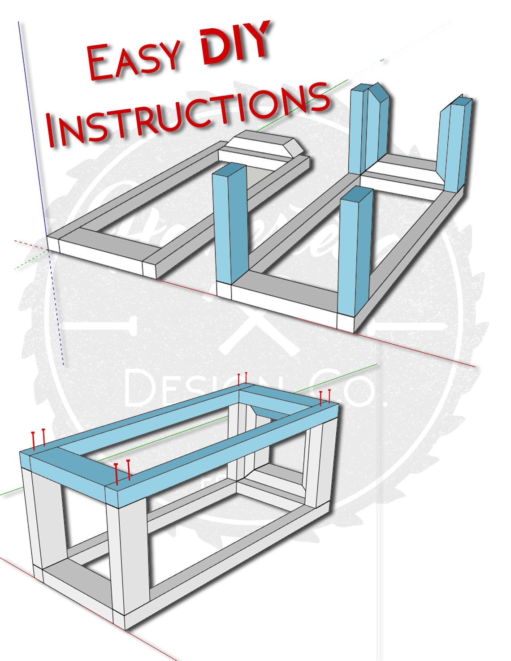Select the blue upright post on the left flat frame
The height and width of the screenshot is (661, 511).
pos(230,224)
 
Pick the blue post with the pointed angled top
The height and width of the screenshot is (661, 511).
pos(378,123)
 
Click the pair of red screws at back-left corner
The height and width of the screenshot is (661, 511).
pos(39,439)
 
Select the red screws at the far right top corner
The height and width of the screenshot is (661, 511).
pos(325,397)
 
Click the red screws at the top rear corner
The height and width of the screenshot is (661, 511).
pos(242,379)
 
